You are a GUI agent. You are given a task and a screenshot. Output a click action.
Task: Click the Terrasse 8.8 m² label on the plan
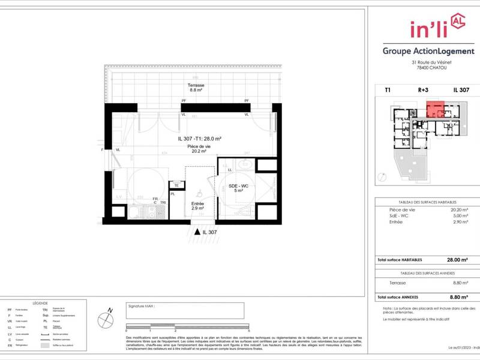pyautogui.click(x=196, y=88)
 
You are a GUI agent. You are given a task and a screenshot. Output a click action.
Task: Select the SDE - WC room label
pyautogui.click(x=238, y=187)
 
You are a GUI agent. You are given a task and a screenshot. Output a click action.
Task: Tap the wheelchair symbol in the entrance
pyautogui.click(x=199, y=194)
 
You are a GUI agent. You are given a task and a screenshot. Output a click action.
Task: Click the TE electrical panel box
pyautogui.click(x=176, y=185)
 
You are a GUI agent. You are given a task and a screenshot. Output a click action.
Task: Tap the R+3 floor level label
pyautogui.click(x=423, y=89)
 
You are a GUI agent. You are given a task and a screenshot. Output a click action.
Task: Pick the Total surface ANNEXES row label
pyautogui.click(x=397, y=297)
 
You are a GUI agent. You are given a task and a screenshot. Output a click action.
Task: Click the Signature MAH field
pyautogui.click(x=185, y=310)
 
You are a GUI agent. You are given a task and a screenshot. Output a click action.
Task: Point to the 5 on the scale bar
pyautogui.click(x=248, y=331)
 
